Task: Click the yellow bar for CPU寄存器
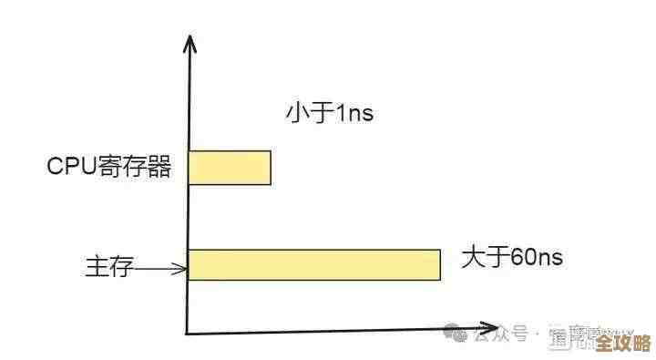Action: click(x=230, y=168)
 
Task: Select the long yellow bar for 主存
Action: click(x=314, y=264)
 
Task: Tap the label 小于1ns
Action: click(x=330, y=114)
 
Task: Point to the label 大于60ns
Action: click(x=512, y=258)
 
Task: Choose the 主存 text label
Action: click(x=109, y=268)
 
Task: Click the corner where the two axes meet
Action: click(x=188, y=333)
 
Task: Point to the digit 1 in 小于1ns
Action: click(x=340, y=115)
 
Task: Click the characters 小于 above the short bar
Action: click(x=308, y=114)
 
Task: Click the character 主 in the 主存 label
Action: click(x=97, y=268)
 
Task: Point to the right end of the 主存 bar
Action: click(x=438, y=264)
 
